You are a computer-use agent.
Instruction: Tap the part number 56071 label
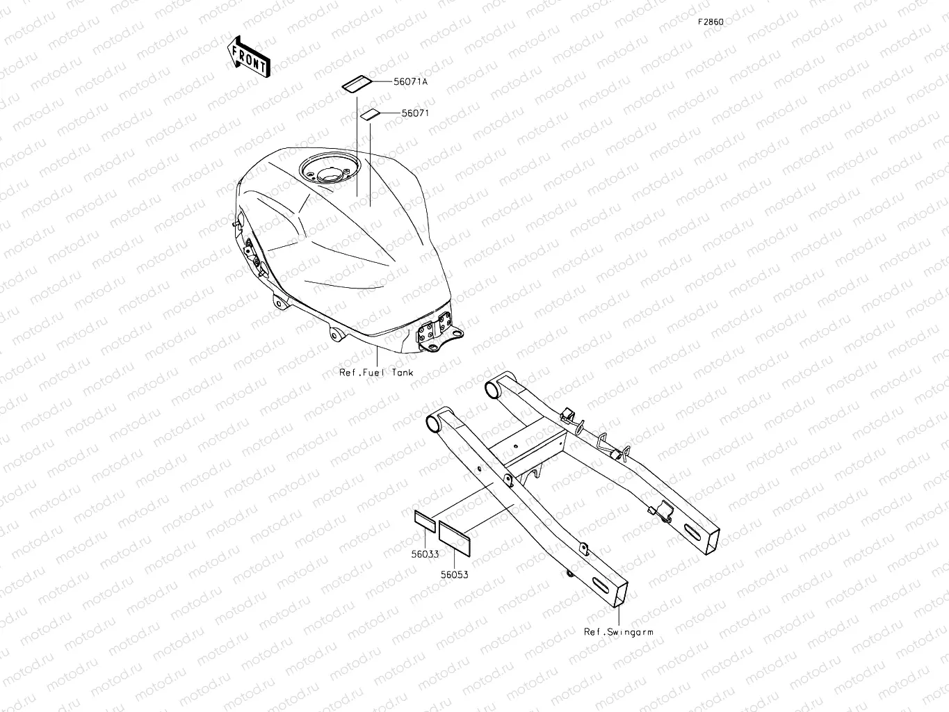(x=415, y=112)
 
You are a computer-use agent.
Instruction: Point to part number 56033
(x=424, y=554)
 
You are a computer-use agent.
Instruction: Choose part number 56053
(x=453, y=575)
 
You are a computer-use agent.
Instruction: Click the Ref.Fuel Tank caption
(x=376, y=373)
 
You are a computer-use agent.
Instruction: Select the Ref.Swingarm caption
(x=618, y=632)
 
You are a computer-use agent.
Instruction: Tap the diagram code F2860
(x=711, y=22)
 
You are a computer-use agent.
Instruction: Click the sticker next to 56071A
(x=355, y=83)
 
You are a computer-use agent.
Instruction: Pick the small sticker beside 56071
(x=368, y=114)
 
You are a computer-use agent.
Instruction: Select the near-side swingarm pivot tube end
(x=432, y=422)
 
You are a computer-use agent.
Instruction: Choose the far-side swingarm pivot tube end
(x=493, y=388)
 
